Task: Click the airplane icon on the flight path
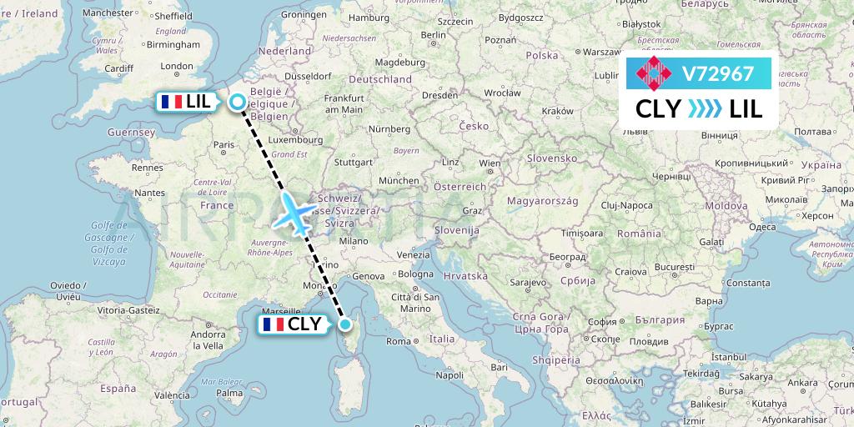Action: click(294, 213)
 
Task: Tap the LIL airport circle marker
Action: click(238, 102)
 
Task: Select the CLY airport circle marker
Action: click(344, 324)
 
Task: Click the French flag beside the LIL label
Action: click(172, 102)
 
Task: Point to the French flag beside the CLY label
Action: click(272, 324)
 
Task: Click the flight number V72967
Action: click(718, 73)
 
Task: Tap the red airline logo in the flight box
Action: click(654, 73)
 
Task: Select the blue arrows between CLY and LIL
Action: click(705, 108)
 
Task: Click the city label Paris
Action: click(223, 144)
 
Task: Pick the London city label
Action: click(176, 66)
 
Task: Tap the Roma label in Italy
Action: click(398, 341)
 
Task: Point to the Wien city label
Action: click(490, 163)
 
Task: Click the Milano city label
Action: click(353, 240)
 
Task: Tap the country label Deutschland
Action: click(380, 79)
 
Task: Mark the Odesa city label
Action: click(738, 227)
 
